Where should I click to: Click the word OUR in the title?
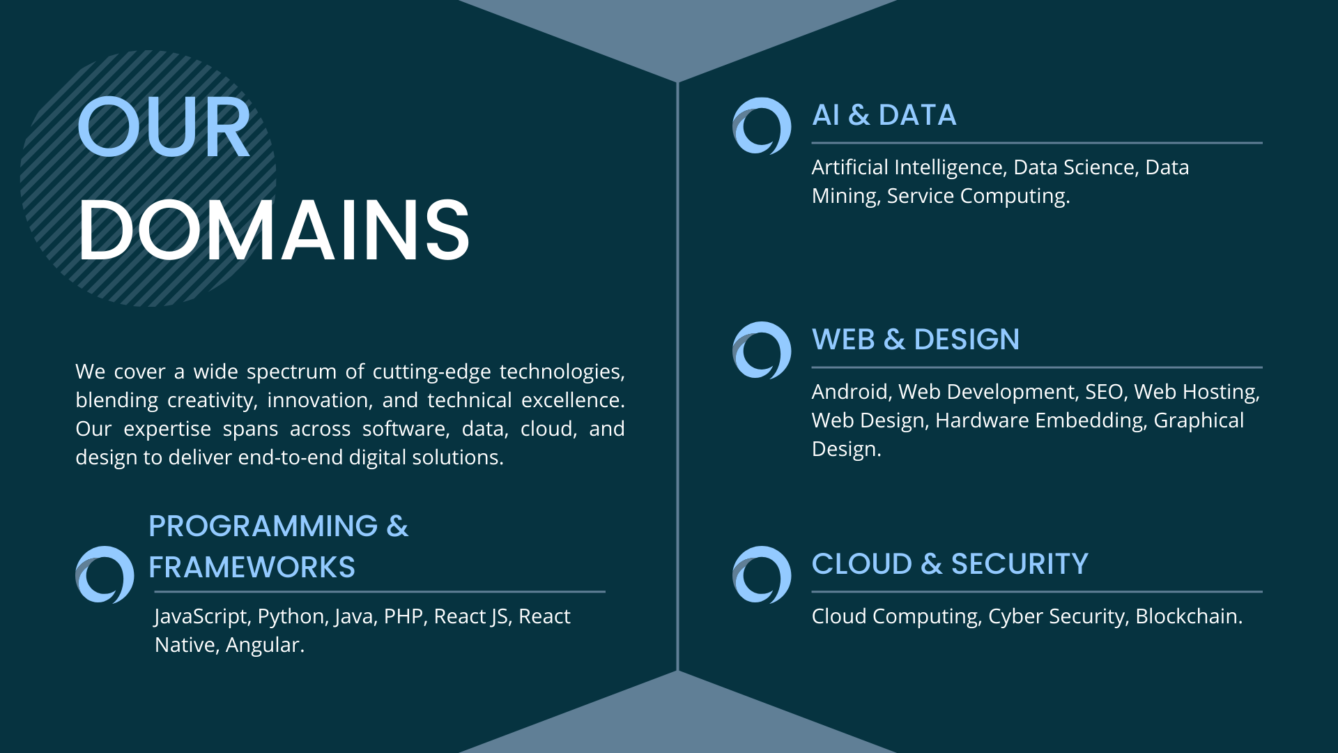click(x=164, y=128)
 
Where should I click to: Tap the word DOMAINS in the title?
click(x=274, y=229)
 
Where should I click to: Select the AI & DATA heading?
click(x=884, y=115)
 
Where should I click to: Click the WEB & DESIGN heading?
click(x=916, y=340)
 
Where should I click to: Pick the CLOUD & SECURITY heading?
click(x=950, y=564)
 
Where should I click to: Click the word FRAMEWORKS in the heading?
click(x=252, y=568)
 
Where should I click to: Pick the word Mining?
click(x=846, y=197)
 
